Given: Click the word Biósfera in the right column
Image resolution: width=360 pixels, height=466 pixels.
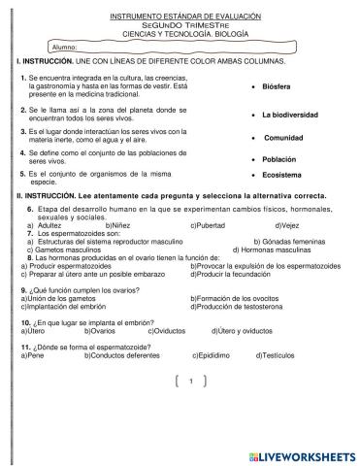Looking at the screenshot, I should [x=277, y=86].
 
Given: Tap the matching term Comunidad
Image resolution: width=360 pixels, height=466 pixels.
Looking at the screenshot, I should [x=282, y=138].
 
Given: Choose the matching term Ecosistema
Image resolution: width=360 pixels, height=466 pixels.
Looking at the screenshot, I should [x=283, y=176].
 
